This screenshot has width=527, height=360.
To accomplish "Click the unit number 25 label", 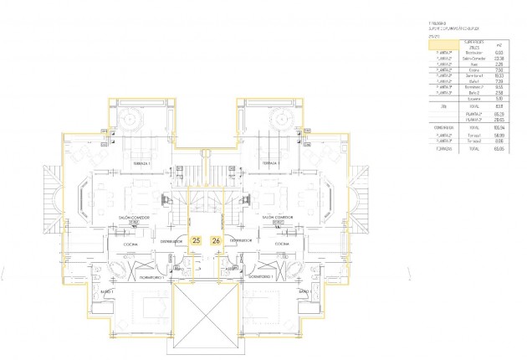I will click(x=197, y=240).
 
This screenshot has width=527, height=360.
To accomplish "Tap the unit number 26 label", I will click(x=217, y=240).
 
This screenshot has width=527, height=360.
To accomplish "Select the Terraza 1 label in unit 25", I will click(x=141, y=163).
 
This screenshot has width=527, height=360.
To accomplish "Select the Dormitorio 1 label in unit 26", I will click(x=263, y=275).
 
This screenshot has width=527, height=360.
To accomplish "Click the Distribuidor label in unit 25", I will click(x=171, y=240).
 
